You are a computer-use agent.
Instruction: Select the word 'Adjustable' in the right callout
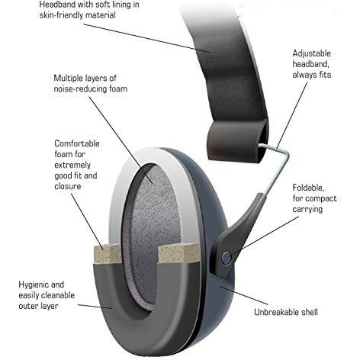[311, 53]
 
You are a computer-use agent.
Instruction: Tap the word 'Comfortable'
[77, 143]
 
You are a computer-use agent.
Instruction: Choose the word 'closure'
[68, 186]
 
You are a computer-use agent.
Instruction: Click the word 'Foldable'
[308, 188]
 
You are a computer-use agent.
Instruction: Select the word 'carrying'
[307, 210]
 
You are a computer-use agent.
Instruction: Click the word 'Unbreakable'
[276, 312]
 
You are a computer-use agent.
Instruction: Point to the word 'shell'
[310, 312]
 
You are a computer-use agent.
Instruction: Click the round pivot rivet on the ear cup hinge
[226, 258]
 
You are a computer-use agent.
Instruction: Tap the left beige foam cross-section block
[106, 254]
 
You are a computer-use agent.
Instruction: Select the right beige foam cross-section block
[178, 252]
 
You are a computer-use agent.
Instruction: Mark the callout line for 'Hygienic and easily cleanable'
[95, 307]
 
